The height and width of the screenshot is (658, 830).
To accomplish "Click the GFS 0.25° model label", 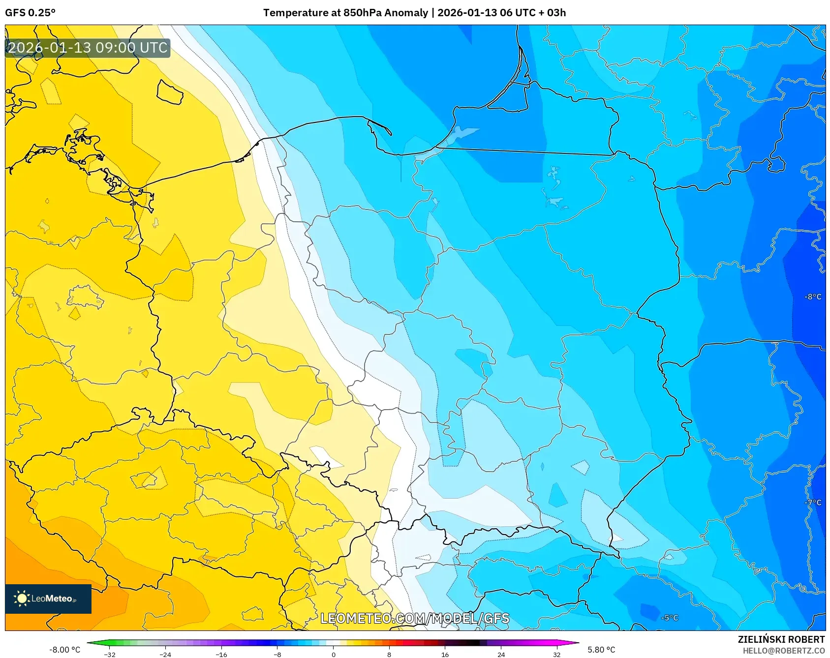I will [30, 13].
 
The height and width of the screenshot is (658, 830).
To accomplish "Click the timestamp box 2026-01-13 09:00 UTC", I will [88, 48].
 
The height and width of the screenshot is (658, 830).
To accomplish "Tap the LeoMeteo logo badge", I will [48, 598].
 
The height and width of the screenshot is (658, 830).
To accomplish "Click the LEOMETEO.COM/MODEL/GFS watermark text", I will [415, 618].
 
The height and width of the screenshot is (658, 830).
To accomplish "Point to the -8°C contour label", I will [813, 297].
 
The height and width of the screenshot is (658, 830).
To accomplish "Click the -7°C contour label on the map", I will [813, 503].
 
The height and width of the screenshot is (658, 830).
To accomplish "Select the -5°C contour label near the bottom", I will [669, 618].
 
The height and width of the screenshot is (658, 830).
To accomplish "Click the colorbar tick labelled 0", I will [334, 654].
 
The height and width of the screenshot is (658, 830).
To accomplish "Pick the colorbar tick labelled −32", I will [110, 654].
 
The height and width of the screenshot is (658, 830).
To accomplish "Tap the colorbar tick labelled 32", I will [556, 654].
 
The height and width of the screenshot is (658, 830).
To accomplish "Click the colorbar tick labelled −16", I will [221, 654].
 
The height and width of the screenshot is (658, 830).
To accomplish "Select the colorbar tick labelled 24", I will [501, 654].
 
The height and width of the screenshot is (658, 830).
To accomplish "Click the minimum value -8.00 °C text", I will [64, 650].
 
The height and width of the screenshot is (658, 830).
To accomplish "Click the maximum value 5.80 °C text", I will [601, 650].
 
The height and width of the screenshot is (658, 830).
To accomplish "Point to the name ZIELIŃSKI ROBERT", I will [781, 639].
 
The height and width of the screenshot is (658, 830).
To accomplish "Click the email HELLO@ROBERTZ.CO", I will [783, 651].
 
